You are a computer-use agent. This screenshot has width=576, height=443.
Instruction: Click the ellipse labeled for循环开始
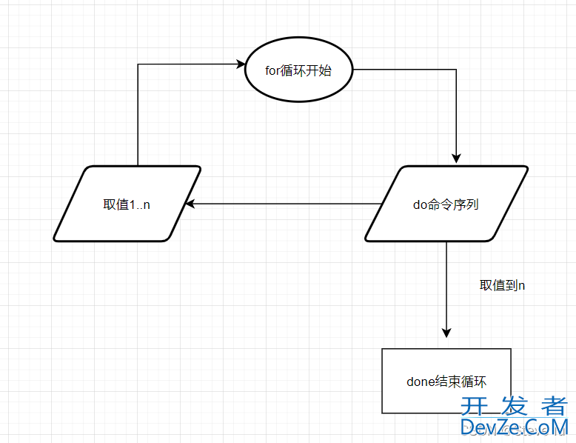click(298, 70)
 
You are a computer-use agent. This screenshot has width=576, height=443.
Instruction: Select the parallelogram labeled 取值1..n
click(127, 204)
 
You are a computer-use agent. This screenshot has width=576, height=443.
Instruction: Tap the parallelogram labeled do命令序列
click(446, 204)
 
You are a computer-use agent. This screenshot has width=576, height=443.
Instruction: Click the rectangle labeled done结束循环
click(446, 381)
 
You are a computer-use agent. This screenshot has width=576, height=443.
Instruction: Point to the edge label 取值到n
click(503, 285)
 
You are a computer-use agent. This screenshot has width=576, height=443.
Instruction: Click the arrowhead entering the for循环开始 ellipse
click(240, 64)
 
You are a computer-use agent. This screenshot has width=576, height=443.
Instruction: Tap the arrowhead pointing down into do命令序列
click(457, 158)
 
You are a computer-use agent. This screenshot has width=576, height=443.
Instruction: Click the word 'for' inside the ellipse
click(272, 71)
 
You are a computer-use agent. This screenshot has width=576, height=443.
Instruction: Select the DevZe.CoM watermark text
click(514, 427)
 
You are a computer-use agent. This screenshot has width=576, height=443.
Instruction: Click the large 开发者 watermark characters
click(514, 405)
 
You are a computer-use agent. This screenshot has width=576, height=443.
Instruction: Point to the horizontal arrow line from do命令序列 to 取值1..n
click(281, 204)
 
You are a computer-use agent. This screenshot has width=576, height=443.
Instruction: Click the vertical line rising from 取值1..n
click(138, 119)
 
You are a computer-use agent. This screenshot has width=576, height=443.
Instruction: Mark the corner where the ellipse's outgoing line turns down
click(457, 70)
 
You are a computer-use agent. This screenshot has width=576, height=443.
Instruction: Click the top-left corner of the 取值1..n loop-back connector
click(138, 64)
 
